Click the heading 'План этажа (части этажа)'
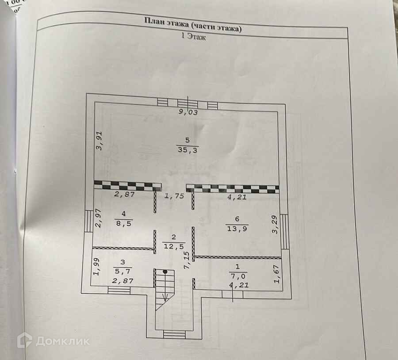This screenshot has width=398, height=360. tap(193, 25)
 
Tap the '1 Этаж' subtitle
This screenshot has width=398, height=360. tap(194, 38)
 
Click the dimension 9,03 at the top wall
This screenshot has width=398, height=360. tap(188, 112)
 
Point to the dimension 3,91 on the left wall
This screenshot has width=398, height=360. tap(100, 141)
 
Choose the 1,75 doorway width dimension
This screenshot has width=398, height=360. tap(174, 196)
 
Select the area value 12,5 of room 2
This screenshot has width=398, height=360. tap(173, 246)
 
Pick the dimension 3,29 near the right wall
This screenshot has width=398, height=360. tap(275, 224)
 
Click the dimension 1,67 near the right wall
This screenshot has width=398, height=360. tap(277, 274)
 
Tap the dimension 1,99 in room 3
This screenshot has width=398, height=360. tap(97, 267)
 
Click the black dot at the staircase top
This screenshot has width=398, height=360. tap(165, 271)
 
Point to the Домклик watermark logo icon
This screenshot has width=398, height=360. tap(24, 341)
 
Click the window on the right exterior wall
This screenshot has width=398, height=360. tap(285, 231)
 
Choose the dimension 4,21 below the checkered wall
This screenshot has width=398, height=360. tap(237, 197)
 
